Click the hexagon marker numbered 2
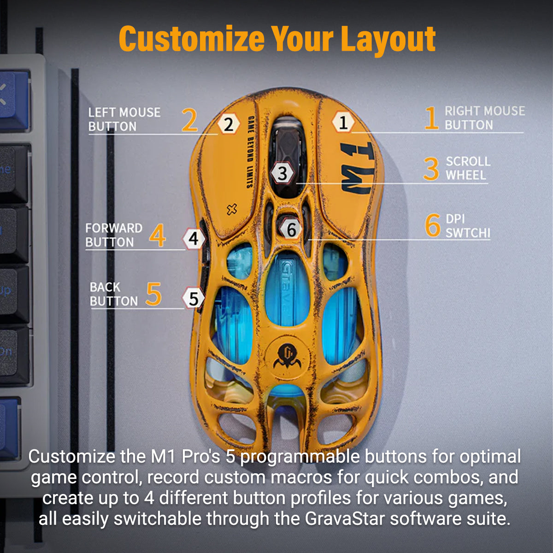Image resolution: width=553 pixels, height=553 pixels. (x=229, y=124)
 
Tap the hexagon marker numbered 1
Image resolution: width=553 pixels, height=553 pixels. (x=343, y=123)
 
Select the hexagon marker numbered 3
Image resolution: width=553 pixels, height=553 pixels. (x=282, y=173)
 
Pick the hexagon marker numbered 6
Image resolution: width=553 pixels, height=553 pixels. (x=291, y=229)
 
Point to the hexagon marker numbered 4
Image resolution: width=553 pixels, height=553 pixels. (x=194, y=239)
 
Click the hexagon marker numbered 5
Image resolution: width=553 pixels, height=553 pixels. (x=194, y=299)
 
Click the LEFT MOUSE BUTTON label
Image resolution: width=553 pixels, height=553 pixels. (x=124, y=119)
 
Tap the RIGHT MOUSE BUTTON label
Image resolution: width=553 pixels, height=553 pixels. (x=484, y=118)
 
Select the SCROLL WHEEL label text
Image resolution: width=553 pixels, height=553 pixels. (x=467, y=168)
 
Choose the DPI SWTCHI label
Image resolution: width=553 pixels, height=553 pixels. (x=467, y=226)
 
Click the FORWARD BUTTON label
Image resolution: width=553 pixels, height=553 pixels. (x=113, y=235)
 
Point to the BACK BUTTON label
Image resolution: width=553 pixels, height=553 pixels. (x=113, y=294)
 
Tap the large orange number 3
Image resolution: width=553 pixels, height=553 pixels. (x=431, y=169)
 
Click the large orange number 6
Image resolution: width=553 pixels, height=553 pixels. (x=432, y=225)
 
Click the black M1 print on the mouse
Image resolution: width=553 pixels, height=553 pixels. (x=356, y=168)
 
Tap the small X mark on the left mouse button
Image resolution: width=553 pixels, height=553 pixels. (x=232, y=210)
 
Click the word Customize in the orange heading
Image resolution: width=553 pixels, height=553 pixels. (x=191, y=40)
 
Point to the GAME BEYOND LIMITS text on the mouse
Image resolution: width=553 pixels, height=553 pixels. (x=250, y=152)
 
